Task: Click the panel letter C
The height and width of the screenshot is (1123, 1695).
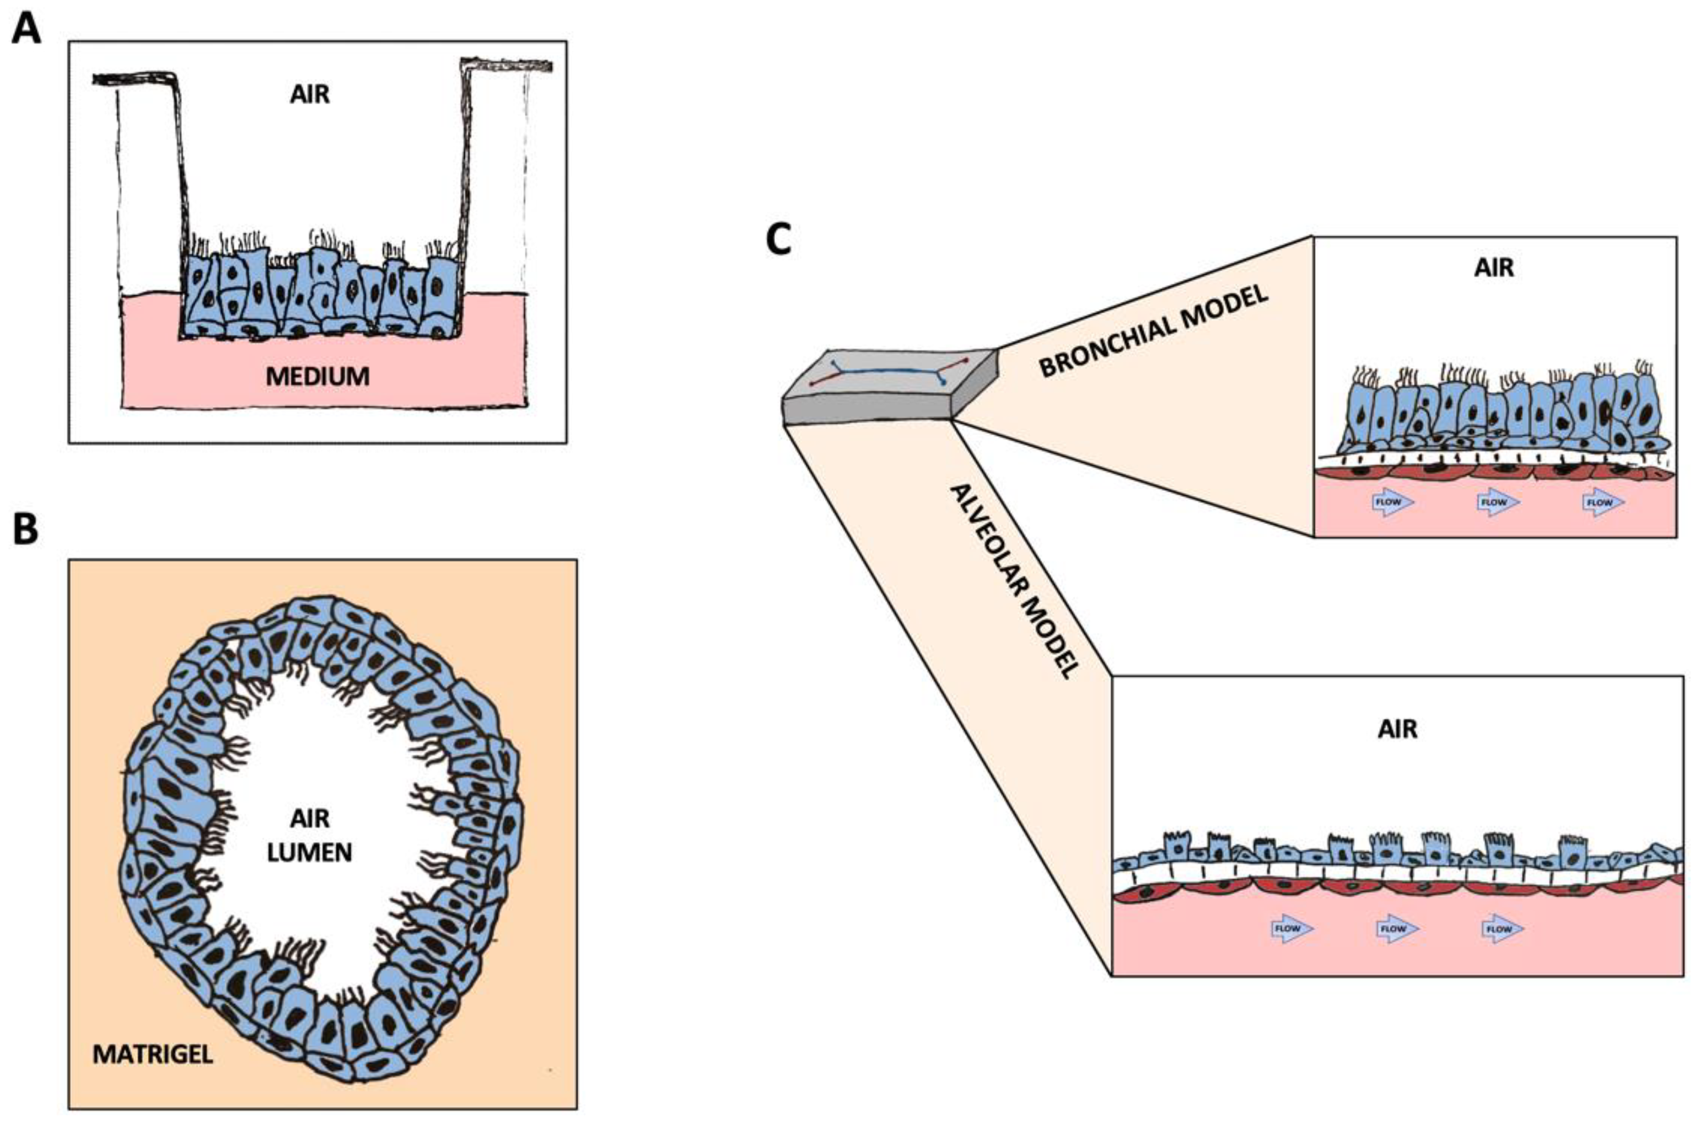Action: (x=779, y=239)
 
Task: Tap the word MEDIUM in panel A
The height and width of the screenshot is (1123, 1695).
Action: (x=317, y=377)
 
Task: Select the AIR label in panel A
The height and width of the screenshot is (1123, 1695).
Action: (x=310, y=94)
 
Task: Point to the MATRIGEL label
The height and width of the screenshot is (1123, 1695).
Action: (x=153, y=1054)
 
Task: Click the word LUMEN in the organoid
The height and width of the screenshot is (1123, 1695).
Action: (x=309, y=852)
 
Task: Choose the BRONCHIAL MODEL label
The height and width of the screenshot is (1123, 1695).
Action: (x=1153, y=331)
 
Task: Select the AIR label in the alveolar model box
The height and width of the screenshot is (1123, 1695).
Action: (x=1397, y=730)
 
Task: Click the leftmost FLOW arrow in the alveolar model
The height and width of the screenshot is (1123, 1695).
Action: (x=1292, y=929)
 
